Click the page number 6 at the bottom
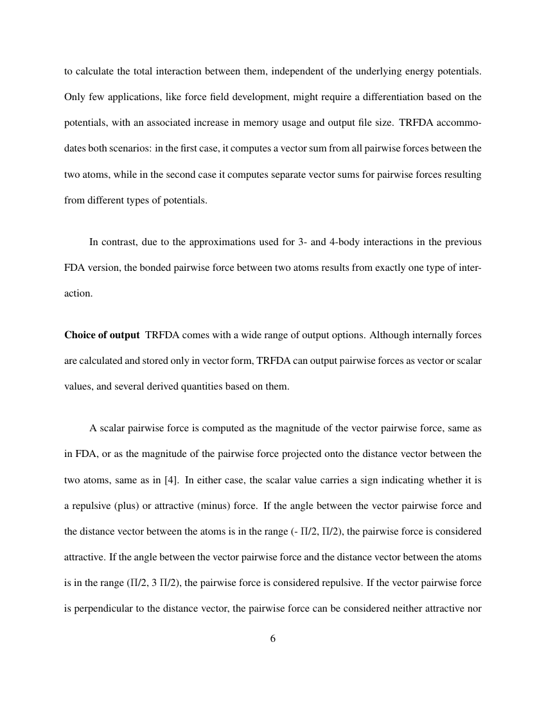(x=273, y=639)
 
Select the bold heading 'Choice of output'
(x=101, y=335)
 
